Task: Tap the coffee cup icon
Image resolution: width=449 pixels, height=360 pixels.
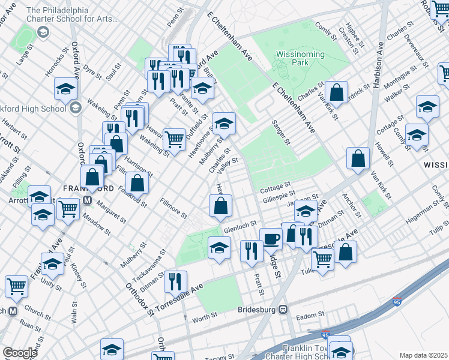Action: (x=271, y=238)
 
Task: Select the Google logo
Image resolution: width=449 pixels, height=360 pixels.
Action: (x=20, y=352)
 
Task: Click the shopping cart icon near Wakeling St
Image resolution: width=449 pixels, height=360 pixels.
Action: (x=174, y=139)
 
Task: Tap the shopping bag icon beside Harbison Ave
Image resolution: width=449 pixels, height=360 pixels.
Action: (x=358, y=158)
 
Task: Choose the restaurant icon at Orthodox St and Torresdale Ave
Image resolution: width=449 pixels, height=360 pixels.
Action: (x=175, y=281)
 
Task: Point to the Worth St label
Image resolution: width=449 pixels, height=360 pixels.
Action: (x=205, y=316)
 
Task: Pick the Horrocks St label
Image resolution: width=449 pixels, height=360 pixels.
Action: (x=53, y=65)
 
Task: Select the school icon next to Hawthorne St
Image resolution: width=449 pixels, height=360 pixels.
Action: (x=224, y=123)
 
